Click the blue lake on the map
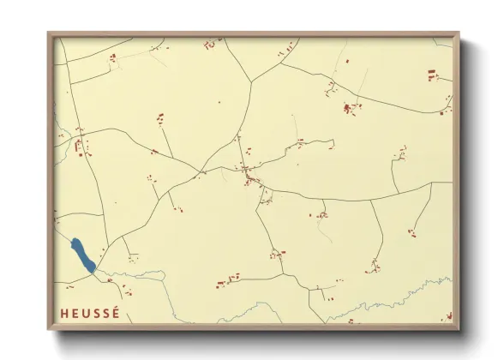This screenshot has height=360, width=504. pos(82,255)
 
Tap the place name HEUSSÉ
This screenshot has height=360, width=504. pos(90,314)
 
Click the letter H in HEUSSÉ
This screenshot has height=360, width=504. pos(63,314)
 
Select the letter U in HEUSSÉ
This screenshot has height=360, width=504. pos(85,314)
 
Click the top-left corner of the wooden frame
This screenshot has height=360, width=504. pos(48,33)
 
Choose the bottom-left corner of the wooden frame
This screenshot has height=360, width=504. pos(48,331)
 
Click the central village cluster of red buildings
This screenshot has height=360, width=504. pos(251,177)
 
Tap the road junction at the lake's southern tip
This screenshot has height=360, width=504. pos(95,273)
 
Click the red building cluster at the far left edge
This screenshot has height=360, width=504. pos(81,147)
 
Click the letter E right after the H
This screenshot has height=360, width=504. pos(74,314)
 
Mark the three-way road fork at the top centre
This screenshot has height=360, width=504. pos(251,81)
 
